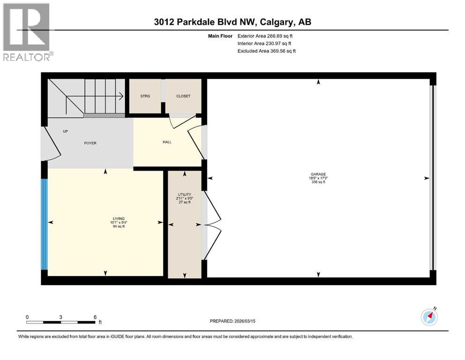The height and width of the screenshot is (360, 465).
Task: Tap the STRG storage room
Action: (x=145, y=96)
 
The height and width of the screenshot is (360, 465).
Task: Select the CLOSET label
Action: (x=183, y=96)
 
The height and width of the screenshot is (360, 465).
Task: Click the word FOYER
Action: (x=90, y=143)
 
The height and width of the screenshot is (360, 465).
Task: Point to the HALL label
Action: (x=167, y=142)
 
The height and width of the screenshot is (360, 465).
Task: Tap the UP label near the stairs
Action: (x=66, y=131)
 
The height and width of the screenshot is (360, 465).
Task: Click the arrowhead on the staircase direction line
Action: (x=121, y=97)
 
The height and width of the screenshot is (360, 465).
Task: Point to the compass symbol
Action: (x=429, y=317)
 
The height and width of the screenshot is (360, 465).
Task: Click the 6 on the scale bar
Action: (x=95, y=317)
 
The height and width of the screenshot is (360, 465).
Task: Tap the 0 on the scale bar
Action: (x=27, y=317)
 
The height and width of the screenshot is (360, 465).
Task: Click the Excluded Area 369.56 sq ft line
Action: (x=266, y=51)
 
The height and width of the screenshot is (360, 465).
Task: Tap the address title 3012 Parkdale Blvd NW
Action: (x=232, y=22)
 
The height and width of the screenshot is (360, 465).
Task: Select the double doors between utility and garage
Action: (x=212, y=225)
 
